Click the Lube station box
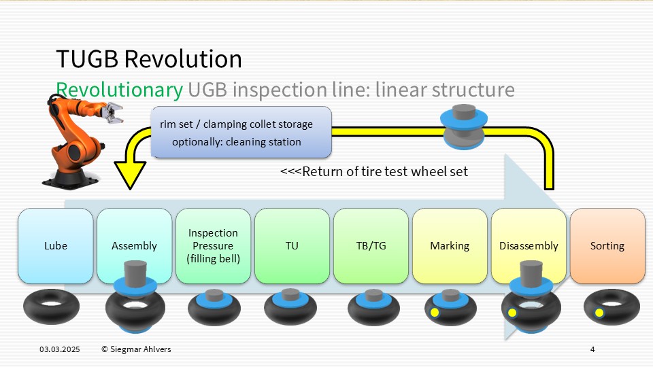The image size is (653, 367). click(x=55, y=246)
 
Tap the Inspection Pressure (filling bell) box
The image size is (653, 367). click(x=213, y=246)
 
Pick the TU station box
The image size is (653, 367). click(x=292, y=246)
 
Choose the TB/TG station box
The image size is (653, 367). click(x=371, y=246)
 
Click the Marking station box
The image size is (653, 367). click(x=450, y=246)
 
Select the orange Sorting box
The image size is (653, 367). click(x=607, y=246)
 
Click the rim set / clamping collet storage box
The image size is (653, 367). click(x=241, y=133)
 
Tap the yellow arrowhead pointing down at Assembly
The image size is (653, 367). click(x=130, y=175)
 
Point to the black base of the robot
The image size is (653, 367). click(x=71, y=177)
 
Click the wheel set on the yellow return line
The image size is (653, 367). click(x=463, y=126)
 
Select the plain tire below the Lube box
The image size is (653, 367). click(x=51, y=307)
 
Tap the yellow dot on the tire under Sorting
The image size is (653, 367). click(x=599, y=313)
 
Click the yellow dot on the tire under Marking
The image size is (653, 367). click(x=435, y=313)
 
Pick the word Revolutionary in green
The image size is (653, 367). click(x=120, y=90)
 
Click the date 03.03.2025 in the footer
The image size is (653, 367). click(x=60, y=349)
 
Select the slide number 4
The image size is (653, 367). click(x=592, y=349)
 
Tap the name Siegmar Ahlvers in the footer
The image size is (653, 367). click(x=140, y=349)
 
